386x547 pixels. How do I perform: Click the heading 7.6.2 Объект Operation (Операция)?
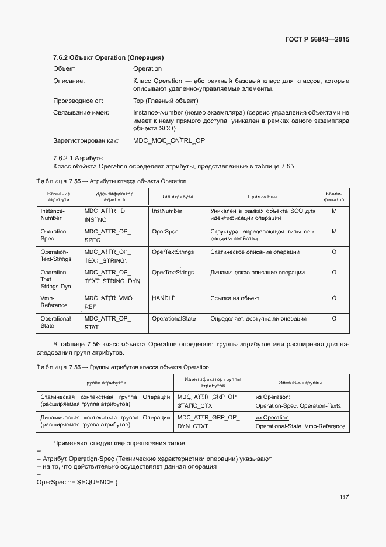click(108, 58)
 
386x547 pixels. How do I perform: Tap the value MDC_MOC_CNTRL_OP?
click(169, 140)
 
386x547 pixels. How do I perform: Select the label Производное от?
click(78, 101)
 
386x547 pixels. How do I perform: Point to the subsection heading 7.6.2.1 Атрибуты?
click(78, 158)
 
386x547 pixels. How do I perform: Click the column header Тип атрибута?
click(177, 197)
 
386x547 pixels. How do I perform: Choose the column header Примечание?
click(262, 197)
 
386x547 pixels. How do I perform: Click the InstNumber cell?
click(167, 211)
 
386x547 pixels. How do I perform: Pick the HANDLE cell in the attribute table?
click(164, 298)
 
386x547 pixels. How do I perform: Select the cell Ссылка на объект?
click(235, 298)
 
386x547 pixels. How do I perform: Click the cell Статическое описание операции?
click(255, 252)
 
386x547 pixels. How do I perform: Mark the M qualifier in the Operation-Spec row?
click(334, 232)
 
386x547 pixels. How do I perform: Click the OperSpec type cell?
click(165, 232)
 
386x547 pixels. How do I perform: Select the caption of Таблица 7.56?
click(123, 367)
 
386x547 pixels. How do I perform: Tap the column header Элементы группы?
click(300, 383)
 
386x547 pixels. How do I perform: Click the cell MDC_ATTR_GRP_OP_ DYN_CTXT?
click(208, 422)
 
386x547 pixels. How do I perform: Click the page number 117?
click(343, 497)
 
